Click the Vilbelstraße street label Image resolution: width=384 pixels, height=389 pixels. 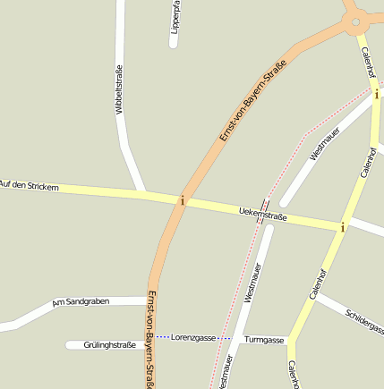coord(118,90)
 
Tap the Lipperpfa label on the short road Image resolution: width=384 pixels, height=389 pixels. coord(176,17)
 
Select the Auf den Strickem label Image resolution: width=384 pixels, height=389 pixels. coord(30,186)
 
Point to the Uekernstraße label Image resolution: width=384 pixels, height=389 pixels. coord(263,215)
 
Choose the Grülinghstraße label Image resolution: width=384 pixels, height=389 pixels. coord(109,344)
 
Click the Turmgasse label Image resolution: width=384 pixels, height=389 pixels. coord(263,340)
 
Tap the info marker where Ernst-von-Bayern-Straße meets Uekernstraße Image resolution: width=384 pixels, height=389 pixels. coord(183,200)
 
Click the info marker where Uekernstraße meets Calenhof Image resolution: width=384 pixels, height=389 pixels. coord(342,227)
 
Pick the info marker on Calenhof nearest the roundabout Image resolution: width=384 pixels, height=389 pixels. coord(377,93)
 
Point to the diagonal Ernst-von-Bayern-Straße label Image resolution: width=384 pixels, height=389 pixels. coord(252,101)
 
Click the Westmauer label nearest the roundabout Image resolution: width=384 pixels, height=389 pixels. coord(325,144)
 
